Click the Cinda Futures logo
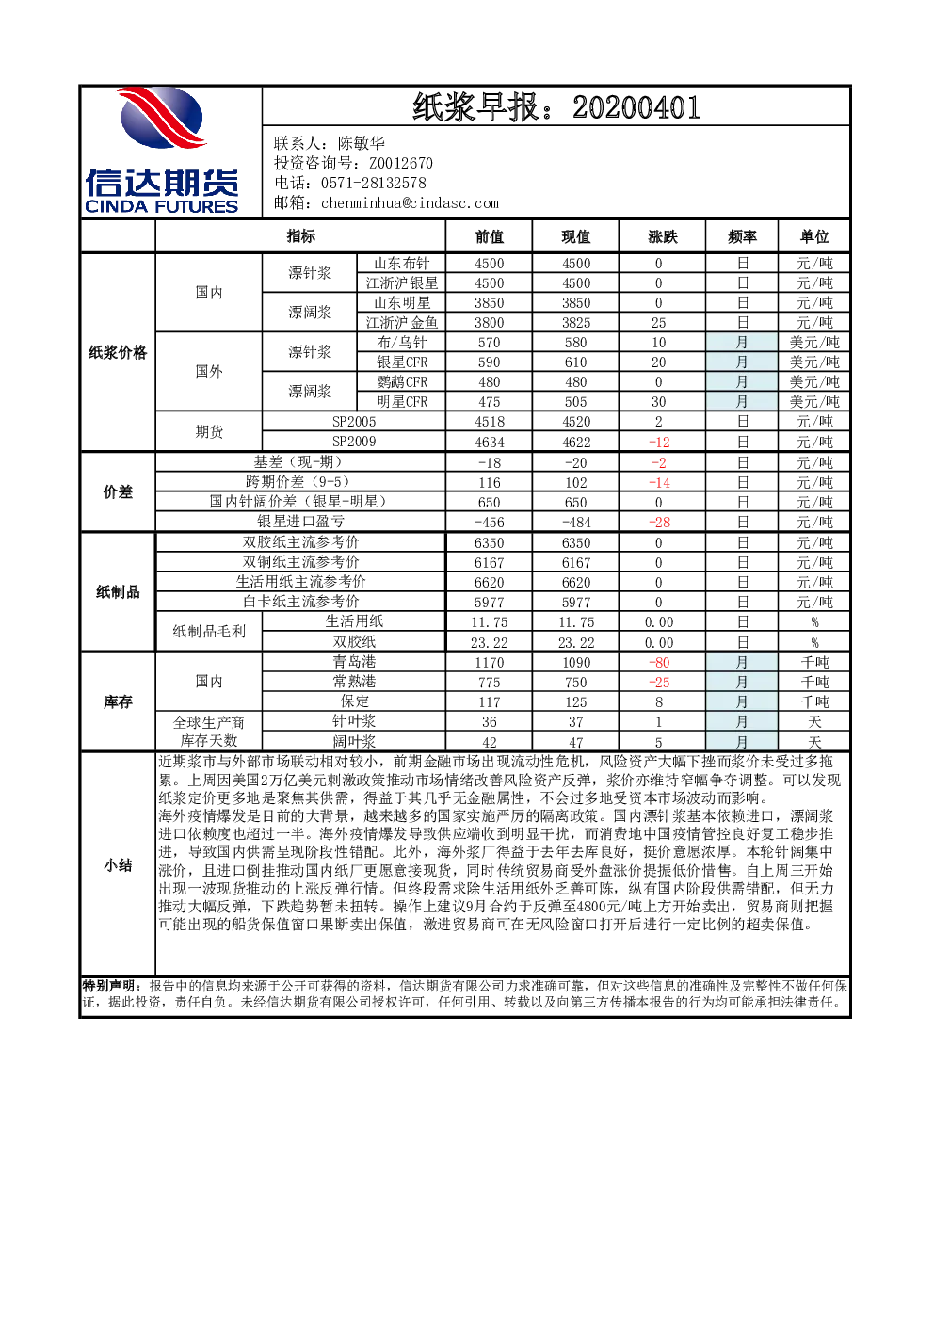[x=162, y=151]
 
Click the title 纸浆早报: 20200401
[x=556, y=107]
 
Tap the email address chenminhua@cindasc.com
[x=410, y=203]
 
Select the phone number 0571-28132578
[x=373, y=184]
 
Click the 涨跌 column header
[x=662, y=237]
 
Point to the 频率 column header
[x=742, y=237]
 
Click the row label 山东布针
[x=401, y=263]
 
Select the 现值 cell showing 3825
[x=576, y=323]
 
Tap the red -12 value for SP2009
[x=659, y=442]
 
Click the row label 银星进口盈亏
[x=300, y=522]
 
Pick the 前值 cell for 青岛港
[x=490, y=662]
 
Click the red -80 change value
[x=659, y=662]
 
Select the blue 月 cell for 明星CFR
[x=742, y=402]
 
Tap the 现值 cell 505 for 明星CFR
[x=576, y=402]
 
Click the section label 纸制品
[x=118, y=592]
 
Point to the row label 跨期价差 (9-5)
[x=300, y=482]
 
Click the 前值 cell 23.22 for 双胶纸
[x=490, y=643]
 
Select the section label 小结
[x=118, y=865]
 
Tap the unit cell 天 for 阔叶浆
[x=814, y=742]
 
